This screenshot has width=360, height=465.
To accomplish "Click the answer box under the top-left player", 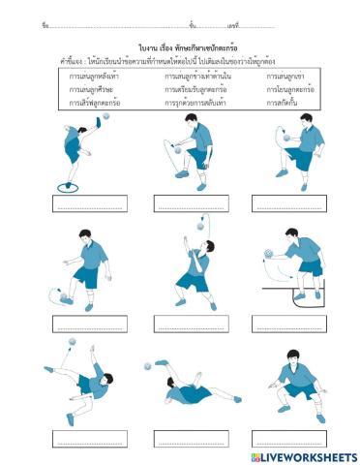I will click(89, 204).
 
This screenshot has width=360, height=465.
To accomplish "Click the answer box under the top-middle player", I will click(190, 204).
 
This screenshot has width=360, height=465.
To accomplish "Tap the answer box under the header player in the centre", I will click(190, 324).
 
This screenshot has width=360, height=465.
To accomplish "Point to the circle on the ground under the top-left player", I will click(67, 186).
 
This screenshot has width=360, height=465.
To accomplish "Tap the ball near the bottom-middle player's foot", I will click(148, 366).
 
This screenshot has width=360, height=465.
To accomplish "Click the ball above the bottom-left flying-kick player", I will click(71, 342).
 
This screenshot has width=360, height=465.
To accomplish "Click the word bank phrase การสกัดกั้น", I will click(286, 100).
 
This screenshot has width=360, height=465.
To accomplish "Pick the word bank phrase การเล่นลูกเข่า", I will click(286, 75).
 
